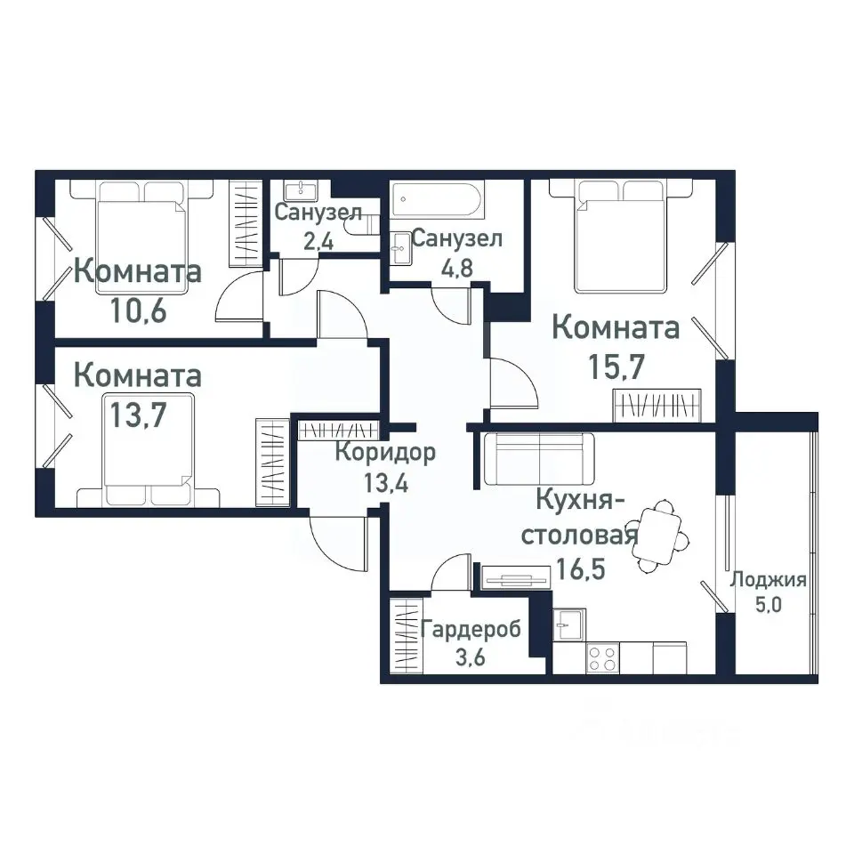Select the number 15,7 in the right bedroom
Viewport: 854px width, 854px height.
pos(616,365)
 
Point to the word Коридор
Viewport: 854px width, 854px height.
pos(385,453)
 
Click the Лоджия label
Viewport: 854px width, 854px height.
pos(768,581)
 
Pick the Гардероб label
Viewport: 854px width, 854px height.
pos(471,630)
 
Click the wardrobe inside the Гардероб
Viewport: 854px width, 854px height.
pos(405,638)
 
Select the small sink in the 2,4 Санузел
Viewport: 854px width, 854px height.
pos(302,189)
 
